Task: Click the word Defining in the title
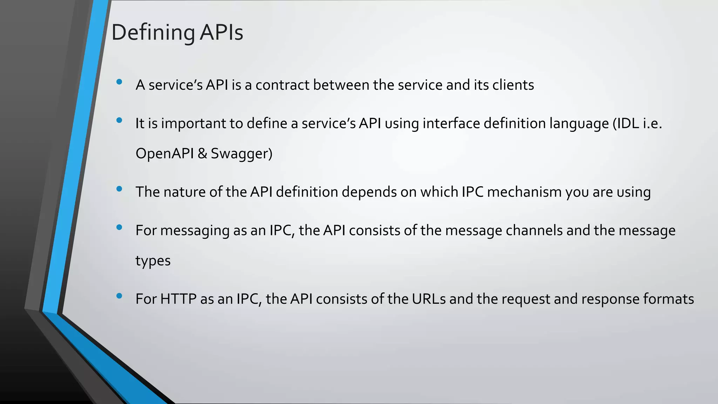coord(153,33)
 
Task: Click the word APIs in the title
coord(221,33)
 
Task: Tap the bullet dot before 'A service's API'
coord(119,82)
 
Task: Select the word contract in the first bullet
coord(282,85)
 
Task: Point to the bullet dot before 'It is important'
coord(119,120)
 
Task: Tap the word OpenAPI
coord(164,154)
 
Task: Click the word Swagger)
coord(241,154)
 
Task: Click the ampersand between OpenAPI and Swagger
coord(202,154)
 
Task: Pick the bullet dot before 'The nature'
coord(119,189)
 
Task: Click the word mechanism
coord(524,192)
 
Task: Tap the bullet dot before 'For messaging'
coord(119,227)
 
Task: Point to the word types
coord(153,261)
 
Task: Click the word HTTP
coord(178,299)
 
